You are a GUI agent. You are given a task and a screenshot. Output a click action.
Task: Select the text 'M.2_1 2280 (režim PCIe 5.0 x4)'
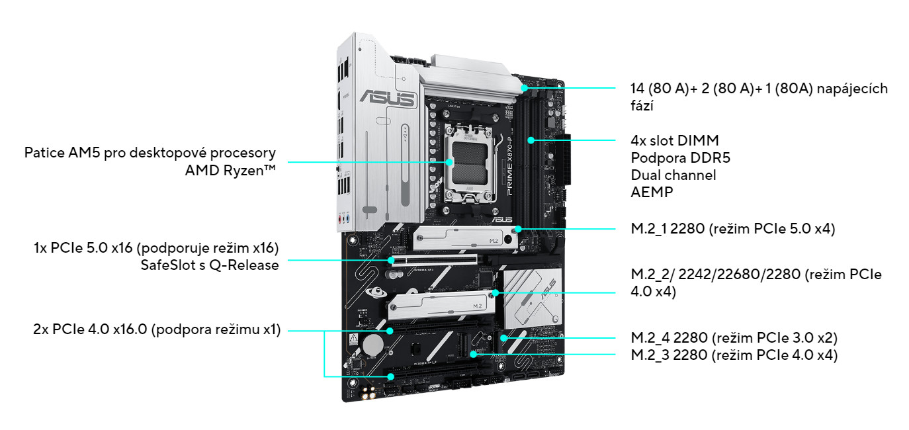[x=733, y=229]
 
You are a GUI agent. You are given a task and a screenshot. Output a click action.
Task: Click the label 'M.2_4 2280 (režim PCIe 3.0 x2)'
[x=734, y=337]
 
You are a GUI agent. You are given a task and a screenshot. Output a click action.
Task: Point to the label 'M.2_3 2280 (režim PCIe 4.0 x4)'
[x=734, y=355]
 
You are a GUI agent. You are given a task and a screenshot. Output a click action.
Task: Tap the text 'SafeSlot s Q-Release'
[x=210, y=265]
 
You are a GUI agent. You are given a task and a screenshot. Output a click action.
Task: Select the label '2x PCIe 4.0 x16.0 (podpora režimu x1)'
[x=157, y=329]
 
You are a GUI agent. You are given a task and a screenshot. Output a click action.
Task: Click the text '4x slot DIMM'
[x=675, y=140]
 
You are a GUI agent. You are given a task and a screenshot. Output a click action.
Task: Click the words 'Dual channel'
[x=673, y=175]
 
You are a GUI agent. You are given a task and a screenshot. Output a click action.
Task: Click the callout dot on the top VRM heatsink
[x=524, y=87]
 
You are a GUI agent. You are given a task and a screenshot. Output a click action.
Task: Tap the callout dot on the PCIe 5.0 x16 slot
[x=392, y=260]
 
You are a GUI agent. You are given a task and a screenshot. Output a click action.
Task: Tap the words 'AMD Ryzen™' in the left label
[x=231, y=170]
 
